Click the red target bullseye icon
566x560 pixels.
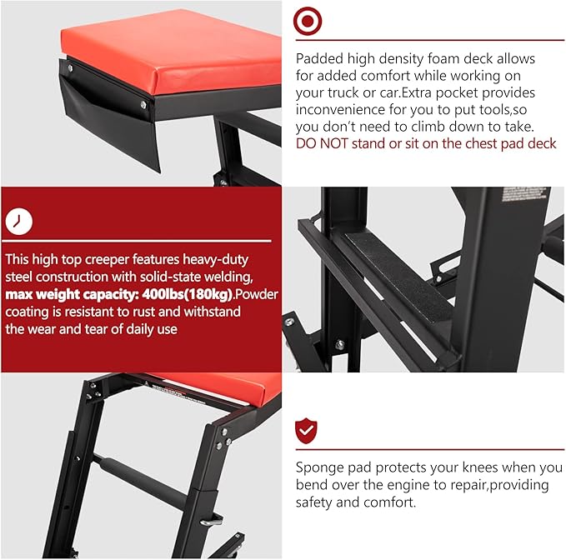308,21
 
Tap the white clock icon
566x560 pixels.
19,221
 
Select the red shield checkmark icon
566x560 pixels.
306,431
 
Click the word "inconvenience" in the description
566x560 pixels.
339,109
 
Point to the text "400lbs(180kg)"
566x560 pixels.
187,294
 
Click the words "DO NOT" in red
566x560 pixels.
321,143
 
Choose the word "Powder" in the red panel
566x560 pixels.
256,294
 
